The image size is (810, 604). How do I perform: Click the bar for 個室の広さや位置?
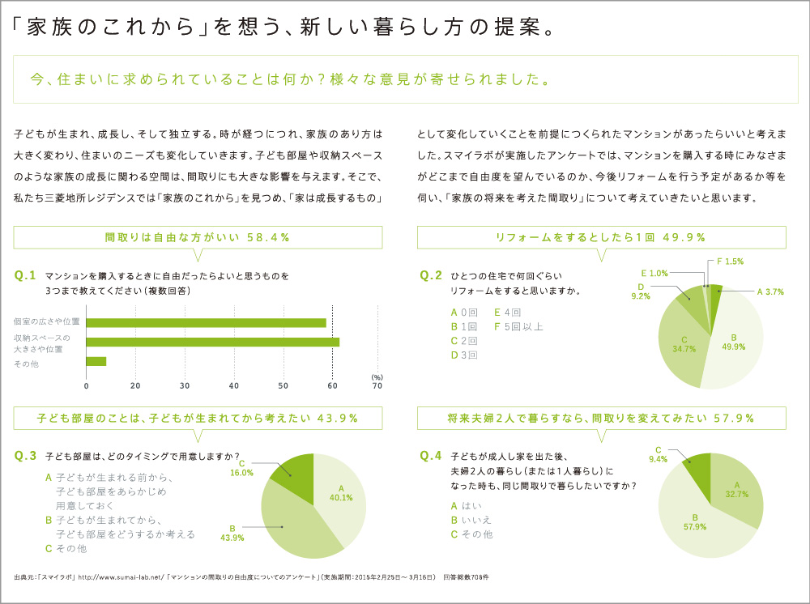point(207,322)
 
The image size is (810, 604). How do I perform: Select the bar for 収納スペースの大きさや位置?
point(212,342)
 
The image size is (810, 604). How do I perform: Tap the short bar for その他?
point(96,362)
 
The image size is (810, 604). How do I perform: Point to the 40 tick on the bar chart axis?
point(234,385)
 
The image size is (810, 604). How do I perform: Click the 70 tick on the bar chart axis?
point(377,385)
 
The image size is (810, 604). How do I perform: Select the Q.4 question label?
point(431,456)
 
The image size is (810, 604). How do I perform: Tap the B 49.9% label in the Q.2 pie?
point(733,342)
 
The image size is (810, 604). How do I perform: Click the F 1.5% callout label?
point(730,262)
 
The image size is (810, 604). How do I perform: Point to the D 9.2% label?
point(640,291)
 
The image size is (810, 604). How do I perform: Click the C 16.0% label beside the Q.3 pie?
point(242,467)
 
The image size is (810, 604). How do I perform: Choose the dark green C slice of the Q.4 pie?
point(698,466)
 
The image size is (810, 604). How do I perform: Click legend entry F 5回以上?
point(518,327)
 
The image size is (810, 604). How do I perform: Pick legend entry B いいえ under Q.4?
point(471,520)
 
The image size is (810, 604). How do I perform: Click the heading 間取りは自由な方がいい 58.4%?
point(198,237)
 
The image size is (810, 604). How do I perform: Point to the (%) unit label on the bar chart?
point(377,376)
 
